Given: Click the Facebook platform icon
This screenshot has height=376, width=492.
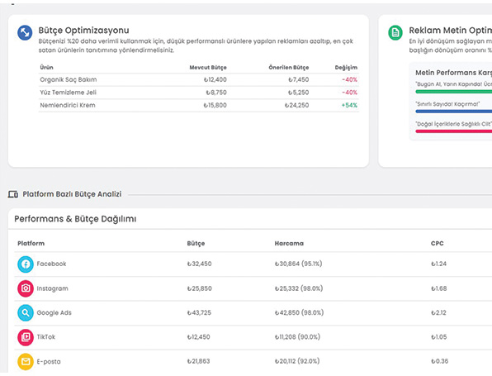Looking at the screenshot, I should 26,264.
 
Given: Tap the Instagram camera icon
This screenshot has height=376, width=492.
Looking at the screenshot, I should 26,288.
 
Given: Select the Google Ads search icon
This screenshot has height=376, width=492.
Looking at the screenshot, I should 26,313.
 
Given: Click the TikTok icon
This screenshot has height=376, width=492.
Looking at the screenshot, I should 26,337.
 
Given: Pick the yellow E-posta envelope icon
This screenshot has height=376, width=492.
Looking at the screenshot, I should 26,361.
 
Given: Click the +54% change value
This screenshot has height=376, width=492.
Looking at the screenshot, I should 349,105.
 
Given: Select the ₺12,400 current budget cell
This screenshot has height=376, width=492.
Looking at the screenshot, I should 215,79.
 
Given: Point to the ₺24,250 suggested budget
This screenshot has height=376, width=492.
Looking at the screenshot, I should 296,105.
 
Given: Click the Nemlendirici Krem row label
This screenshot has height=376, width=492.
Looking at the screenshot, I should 67,105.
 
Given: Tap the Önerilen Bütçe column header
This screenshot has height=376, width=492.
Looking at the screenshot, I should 288,67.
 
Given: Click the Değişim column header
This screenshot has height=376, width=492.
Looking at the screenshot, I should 347,67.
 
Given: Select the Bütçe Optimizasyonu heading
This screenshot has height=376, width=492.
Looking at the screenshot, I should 84,31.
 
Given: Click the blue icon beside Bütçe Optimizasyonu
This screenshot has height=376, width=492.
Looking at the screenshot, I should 26,33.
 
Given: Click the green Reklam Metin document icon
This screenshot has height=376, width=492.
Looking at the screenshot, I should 395,33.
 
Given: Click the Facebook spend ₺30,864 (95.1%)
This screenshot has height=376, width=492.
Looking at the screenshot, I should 304,264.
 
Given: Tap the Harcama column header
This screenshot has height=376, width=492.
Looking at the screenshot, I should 289,243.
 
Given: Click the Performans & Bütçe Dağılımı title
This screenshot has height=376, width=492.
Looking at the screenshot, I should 75,219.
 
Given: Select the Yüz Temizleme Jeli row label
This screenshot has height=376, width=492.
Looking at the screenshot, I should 69,93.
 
